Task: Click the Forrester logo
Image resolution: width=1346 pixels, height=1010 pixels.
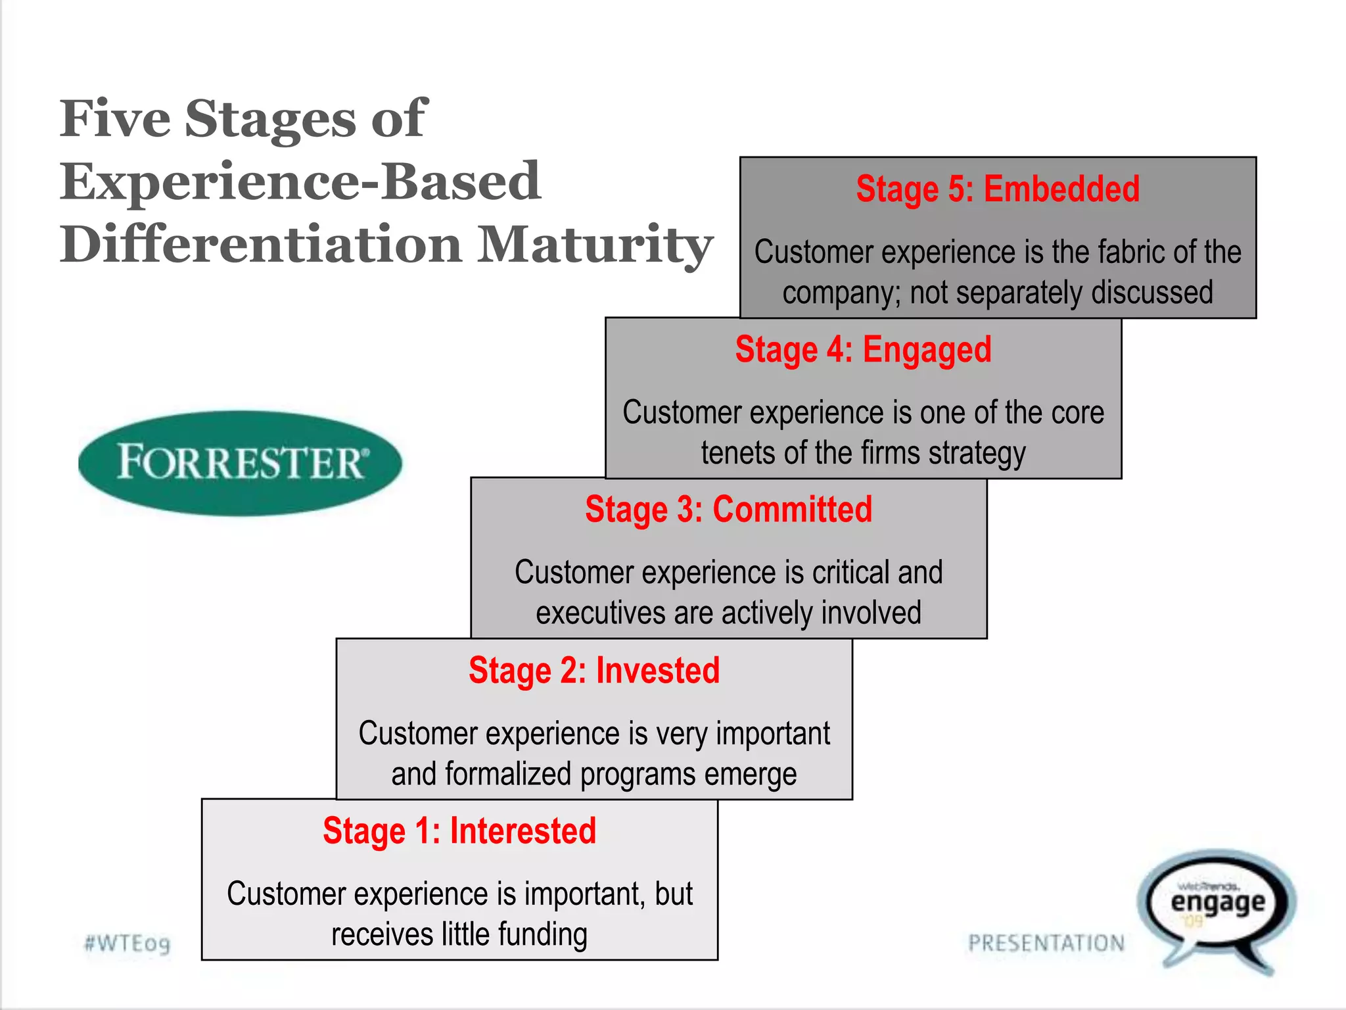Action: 240,462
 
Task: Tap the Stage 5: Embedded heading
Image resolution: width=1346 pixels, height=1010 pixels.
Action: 998,189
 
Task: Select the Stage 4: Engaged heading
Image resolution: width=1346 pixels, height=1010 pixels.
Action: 863,350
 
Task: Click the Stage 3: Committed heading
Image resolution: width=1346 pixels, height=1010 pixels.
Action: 728,510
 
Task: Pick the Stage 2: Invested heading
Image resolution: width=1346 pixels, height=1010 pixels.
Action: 594,671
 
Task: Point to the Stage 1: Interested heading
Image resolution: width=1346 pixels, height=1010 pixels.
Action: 459,831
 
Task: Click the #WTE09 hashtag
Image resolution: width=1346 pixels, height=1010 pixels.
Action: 128,944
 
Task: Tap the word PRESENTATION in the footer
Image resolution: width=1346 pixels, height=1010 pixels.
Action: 1046,943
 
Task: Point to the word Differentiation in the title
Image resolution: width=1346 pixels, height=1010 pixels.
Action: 261,245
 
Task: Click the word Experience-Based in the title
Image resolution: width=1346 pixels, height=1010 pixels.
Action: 300,181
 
